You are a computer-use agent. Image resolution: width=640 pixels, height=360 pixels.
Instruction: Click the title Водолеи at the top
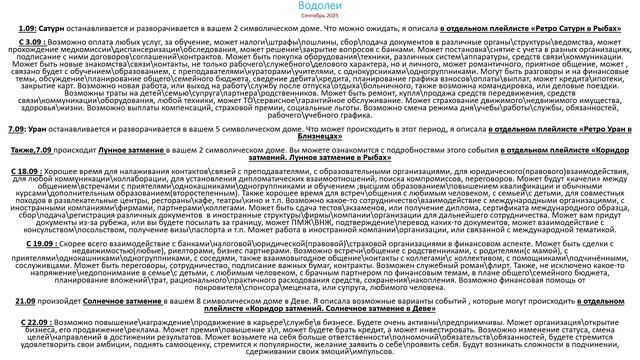tap(320, 7)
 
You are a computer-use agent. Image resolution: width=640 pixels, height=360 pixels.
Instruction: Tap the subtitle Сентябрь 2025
tap(320, 19)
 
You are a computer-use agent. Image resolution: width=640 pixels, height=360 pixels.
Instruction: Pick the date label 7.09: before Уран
tap(17, 158)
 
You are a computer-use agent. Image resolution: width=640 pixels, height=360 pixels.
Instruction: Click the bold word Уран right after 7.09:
tap(39, 158)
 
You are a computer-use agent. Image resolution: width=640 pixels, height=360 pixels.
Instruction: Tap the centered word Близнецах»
tap(320, 166)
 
